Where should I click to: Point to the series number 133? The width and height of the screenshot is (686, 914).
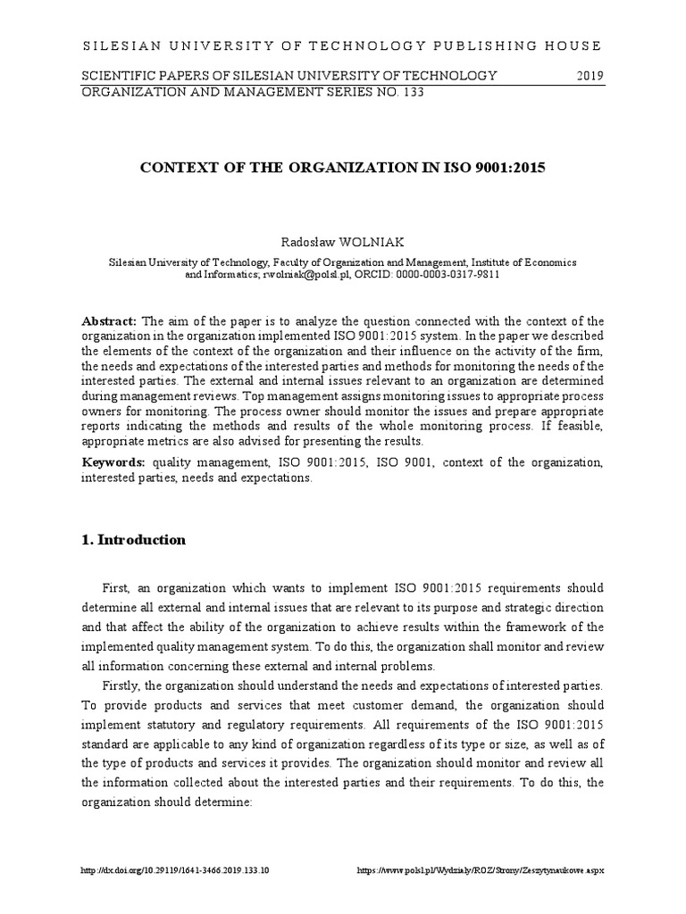tap(410, 91)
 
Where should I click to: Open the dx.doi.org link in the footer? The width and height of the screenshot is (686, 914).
tap(175, 869)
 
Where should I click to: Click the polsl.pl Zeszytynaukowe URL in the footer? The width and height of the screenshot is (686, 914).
tap(480, 869)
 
